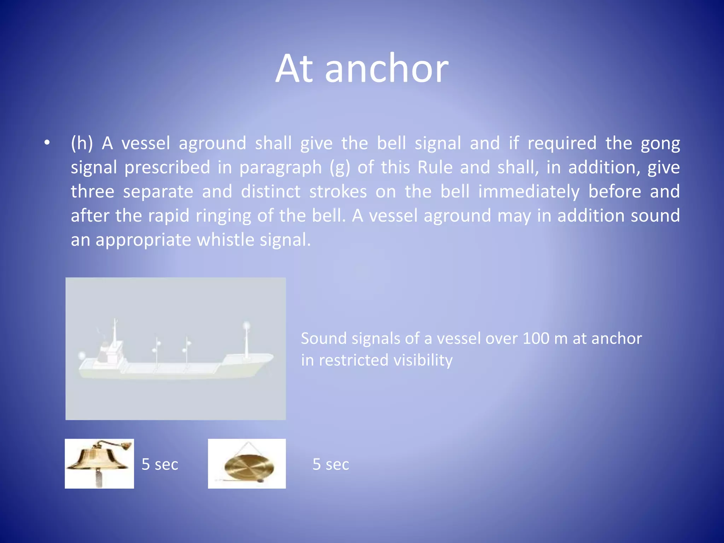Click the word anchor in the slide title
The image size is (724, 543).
(x=387, y=69)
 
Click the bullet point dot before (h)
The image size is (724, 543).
(x=47, y=143)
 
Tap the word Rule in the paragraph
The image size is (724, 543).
(x=435, y=167)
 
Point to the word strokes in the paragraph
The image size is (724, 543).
(x=338, y=192)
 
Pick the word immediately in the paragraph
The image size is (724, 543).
(x=529, y=192)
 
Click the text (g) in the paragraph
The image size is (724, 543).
(x=339, y=168)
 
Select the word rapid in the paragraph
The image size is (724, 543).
(x=168, y=216)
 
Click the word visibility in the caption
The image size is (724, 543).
(x=423, y=360)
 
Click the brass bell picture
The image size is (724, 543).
(x=99, y=463)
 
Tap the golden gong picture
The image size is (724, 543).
(x=247, y=464)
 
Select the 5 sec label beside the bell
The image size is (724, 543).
(x=160, y=465)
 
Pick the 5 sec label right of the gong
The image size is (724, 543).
(x=331, y=465)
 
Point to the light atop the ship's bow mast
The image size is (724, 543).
(x=246, y=326)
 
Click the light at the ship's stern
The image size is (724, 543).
(x=82, y=355)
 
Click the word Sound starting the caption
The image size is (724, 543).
(x=323, y=339)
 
